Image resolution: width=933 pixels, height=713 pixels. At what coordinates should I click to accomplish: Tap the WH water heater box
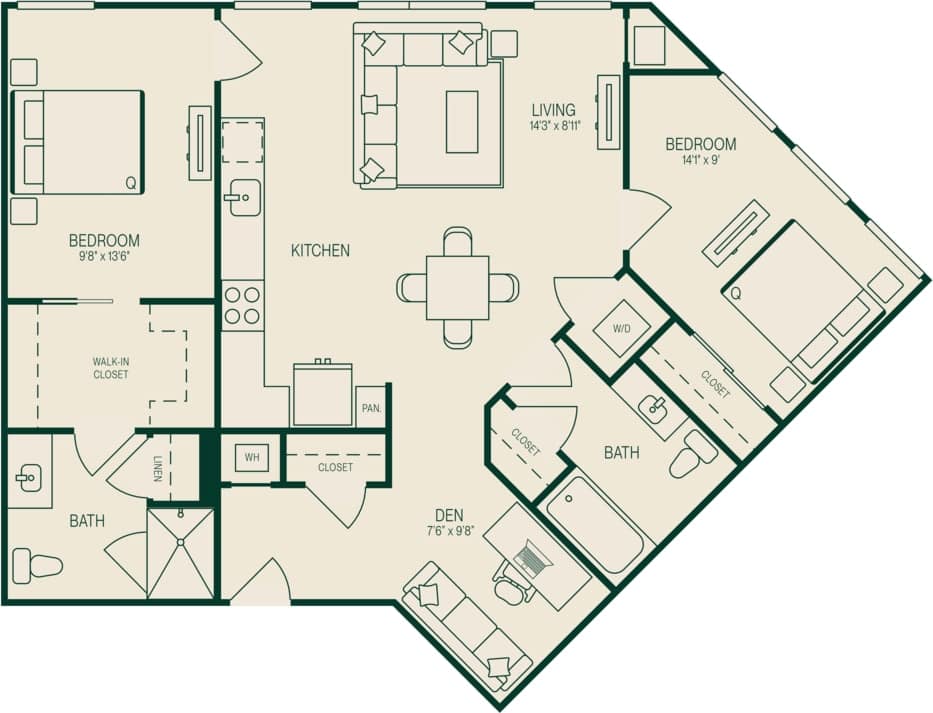click(x=252, y=459)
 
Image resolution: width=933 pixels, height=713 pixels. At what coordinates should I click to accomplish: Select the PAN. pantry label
click(x=370, y=408)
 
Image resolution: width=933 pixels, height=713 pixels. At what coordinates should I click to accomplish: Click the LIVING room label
click(x=553, y=110)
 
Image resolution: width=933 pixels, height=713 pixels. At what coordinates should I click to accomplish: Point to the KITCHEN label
click(x=320, y=251)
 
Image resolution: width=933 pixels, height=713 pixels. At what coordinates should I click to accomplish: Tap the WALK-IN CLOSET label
click(x=110, y=368)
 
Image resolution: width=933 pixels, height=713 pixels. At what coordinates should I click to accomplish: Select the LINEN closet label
click(x=158, y=469)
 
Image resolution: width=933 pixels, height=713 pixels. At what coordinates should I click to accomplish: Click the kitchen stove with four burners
click(x=242, y=305)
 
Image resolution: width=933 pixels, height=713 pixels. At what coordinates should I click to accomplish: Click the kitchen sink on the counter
click(x=240, y=197)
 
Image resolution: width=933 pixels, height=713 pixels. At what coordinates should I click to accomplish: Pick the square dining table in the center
click(x=457, y=288)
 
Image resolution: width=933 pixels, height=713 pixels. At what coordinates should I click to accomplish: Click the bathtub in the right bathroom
click(x=595, y=524)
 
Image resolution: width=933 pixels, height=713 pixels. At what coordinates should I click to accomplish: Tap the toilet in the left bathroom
click(x=38, y=566)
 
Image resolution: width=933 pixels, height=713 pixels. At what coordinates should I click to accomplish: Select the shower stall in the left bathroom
click(x=181, y=553)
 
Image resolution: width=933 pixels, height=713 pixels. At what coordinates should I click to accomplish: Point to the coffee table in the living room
click(x=461, y=121)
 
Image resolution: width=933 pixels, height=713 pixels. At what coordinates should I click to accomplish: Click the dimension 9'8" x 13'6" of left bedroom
click(x=104, y=256)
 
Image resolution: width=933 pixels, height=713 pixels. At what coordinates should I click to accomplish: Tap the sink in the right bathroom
click(x=655, y=409)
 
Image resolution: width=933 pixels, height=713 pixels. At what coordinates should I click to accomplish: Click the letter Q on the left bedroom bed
click(x=130, y=182)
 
